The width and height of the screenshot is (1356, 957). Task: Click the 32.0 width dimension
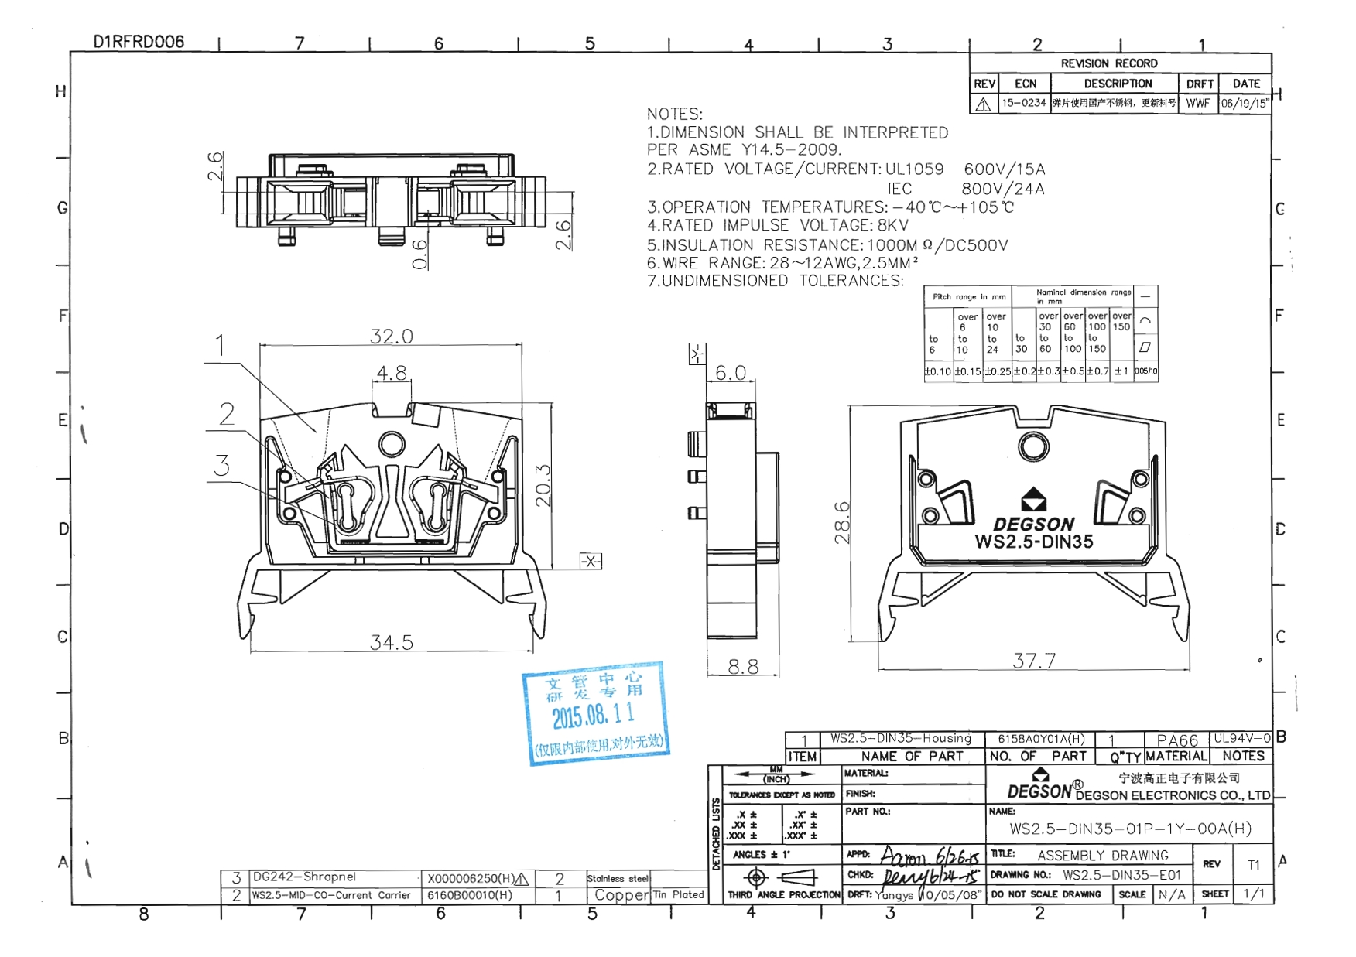click(391, 337)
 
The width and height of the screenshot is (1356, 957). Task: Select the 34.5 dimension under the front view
click(391, 642)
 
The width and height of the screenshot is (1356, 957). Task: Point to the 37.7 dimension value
click(1034, 661)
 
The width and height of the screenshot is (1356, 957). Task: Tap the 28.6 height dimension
click(842, 523)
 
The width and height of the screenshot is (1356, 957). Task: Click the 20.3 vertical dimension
click(543, 485)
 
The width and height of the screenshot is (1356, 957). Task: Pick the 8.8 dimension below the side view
click(743, 667)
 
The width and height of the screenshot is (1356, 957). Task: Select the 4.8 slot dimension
click(392, 373)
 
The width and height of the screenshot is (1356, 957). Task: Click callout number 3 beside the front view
click(222, 466)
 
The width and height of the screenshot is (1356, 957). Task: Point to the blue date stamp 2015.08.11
click(594, 715)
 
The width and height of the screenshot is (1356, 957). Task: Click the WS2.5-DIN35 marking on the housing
click(1034, 542)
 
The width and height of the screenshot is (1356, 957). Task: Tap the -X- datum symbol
click(591, 562)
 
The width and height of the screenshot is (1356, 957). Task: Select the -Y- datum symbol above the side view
click(697, 354)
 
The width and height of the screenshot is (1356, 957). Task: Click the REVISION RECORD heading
click(1108, 63)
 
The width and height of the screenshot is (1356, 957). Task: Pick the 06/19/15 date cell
click(1245, 103)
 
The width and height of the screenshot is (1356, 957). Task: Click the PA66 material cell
click(1176, 740)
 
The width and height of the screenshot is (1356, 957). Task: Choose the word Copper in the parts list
click(621, 895)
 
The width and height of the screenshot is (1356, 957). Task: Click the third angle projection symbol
click(782, 877)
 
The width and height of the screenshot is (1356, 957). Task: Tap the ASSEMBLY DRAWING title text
click(1102, 856)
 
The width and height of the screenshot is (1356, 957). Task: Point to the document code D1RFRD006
click(139, 42)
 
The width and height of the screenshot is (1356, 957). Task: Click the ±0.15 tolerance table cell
click(967, 371)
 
